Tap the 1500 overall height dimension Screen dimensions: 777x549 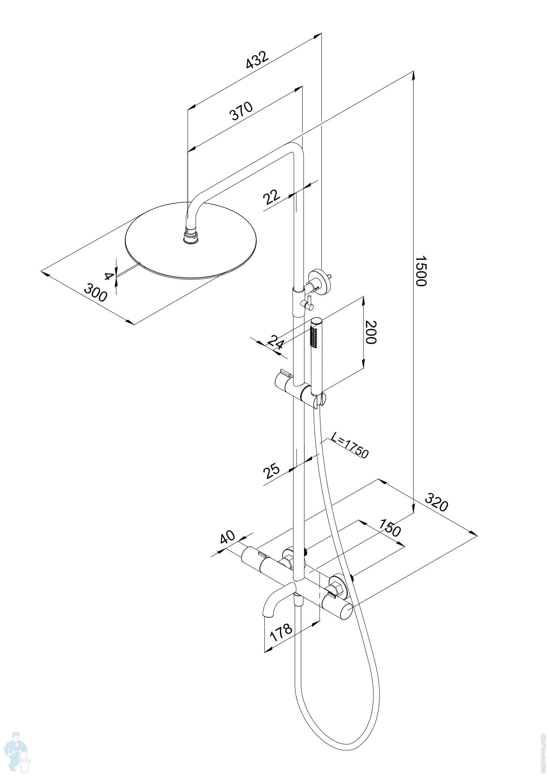click(420, 271)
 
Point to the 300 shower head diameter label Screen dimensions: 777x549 click(95, 293)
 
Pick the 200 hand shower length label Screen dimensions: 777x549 click(370, 332)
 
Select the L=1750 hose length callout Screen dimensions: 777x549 click(349, 445)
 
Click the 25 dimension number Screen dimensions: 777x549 click(272, 471)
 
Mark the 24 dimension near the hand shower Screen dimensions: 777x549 click(275, 343)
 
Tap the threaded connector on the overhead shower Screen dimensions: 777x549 click(192, 236)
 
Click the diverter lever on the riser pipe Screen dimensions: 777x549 click(308, 303)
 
